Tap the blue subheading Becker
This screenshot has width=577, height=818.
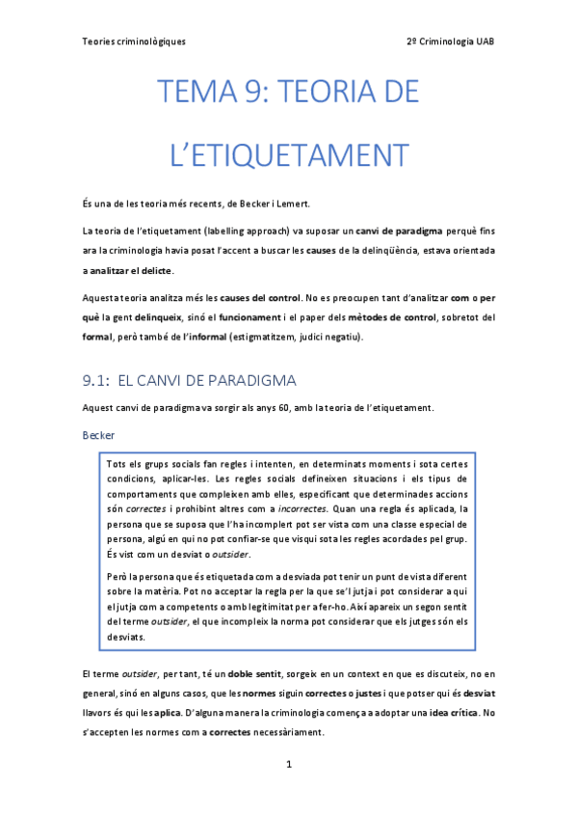coord(99,436)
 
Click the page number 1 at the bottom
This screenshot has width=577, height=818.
coord(288,764)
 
